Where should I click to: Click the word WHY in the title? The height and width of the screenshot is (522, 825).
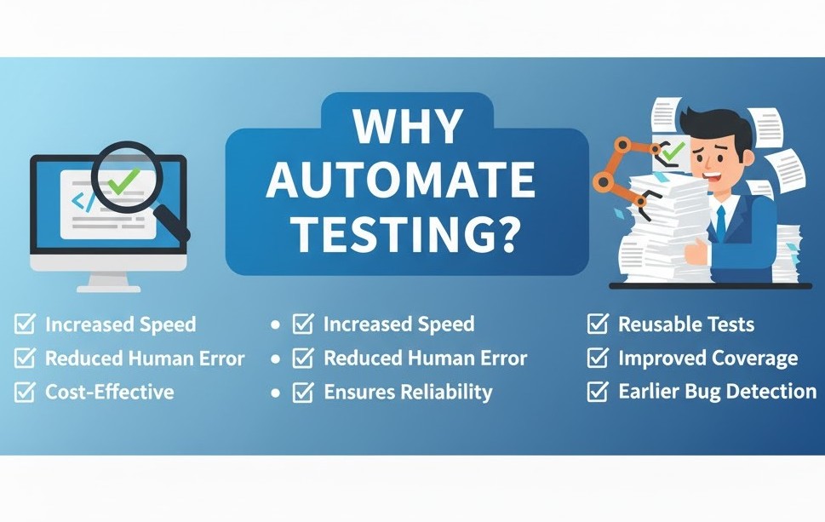pos(408,127)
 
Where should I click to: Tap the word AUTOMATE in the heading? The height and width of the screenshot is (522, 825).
pos(401,180)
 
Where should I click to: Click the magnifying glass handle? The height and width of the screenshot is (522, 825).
pos(174,223)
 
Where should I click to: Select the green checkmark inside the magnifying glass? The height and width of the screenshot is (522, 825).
pos(123,181)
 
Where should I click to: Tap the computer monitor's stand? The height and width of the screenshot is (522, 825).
pos(109,281)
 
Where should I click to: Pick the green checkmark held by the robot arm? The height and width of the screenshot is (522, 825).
pos(672,152)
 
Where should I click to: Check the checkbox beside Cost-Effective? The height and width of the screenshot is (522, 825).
pos(25,392)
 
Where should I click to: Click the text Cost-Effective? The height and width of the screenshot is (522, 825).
pos(110,392)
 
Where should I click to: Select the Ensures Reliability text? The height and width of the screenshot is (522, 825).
pos(408,392)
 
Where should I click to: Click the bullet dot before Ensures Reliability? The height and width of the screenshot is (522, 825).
pos(275,393)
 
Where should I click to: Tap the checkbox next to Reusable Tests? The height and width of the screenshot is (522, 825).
pos(598,324)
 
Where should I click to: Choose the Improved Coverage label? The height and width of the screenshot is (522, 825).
pos(708,359)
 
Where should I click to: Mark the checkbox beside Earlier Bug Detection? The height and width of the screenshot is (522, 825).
pos(598,392)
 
